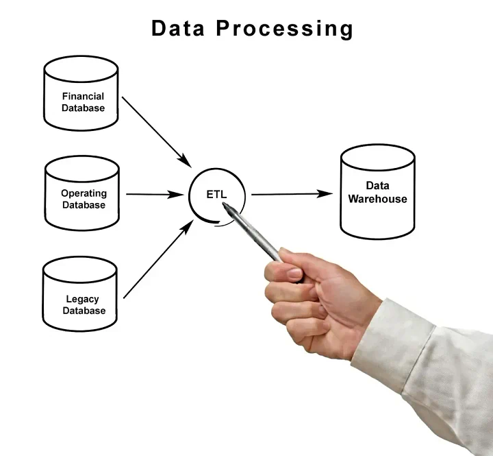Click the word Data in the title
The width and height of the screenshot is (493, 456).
tap(177, 28)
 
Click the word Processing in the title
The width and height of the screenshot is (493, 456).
tap(285, 29)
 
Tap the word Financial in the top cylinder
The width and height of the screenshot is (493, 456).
tap(83, 96)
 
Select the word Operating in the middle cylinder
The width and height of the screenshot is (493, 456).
tap(84, 193)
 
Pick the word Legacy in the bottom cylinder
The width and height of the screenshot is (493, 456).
tap(82, 299)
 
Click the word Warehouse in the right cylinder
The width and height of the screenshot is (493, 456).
tap(377, 199)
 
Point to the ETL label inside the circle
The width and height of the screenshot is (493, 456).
tap(216, 194)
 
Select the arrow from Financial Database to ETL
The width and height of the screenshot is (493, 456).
tap(157, 132)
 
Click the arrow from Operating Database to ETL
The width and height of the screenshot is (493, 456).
tap(155, 194)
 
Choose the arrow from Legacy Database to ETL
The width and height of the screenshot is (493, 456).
tap(158, 259)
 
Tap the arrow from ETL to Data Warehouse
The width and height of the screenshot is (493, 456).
tap(292, 194)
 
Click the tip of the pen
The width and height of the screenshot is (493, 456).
tap(223, 204)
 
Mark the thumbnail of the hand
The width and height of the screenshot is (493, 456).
tap(294, 273)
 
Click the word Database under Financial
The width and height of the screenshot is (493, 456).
tap(83, 108)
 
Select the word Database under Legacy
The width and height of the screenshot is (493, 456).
tap(84, 311)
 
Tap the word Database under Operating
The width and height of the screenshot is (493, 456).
tap(84, 205)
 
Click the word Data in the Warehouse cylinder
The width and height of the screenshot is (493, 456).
tap(377, 186)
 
